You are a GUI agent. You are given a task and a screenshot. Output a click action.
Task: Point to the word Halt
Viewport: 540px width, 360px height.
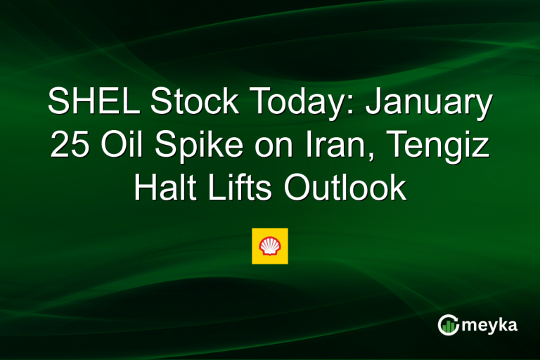pyautogui.click(x=164, y=189)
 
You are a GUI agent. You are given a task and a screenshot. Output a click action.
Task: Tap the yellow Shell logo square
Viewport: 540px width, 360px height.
pyautogui.click(x=270, y=246)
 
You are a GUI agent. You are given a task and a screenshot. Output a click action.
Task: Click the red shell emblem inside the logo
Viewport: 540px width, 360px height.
pyautogui.click(x=270, y=246)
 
